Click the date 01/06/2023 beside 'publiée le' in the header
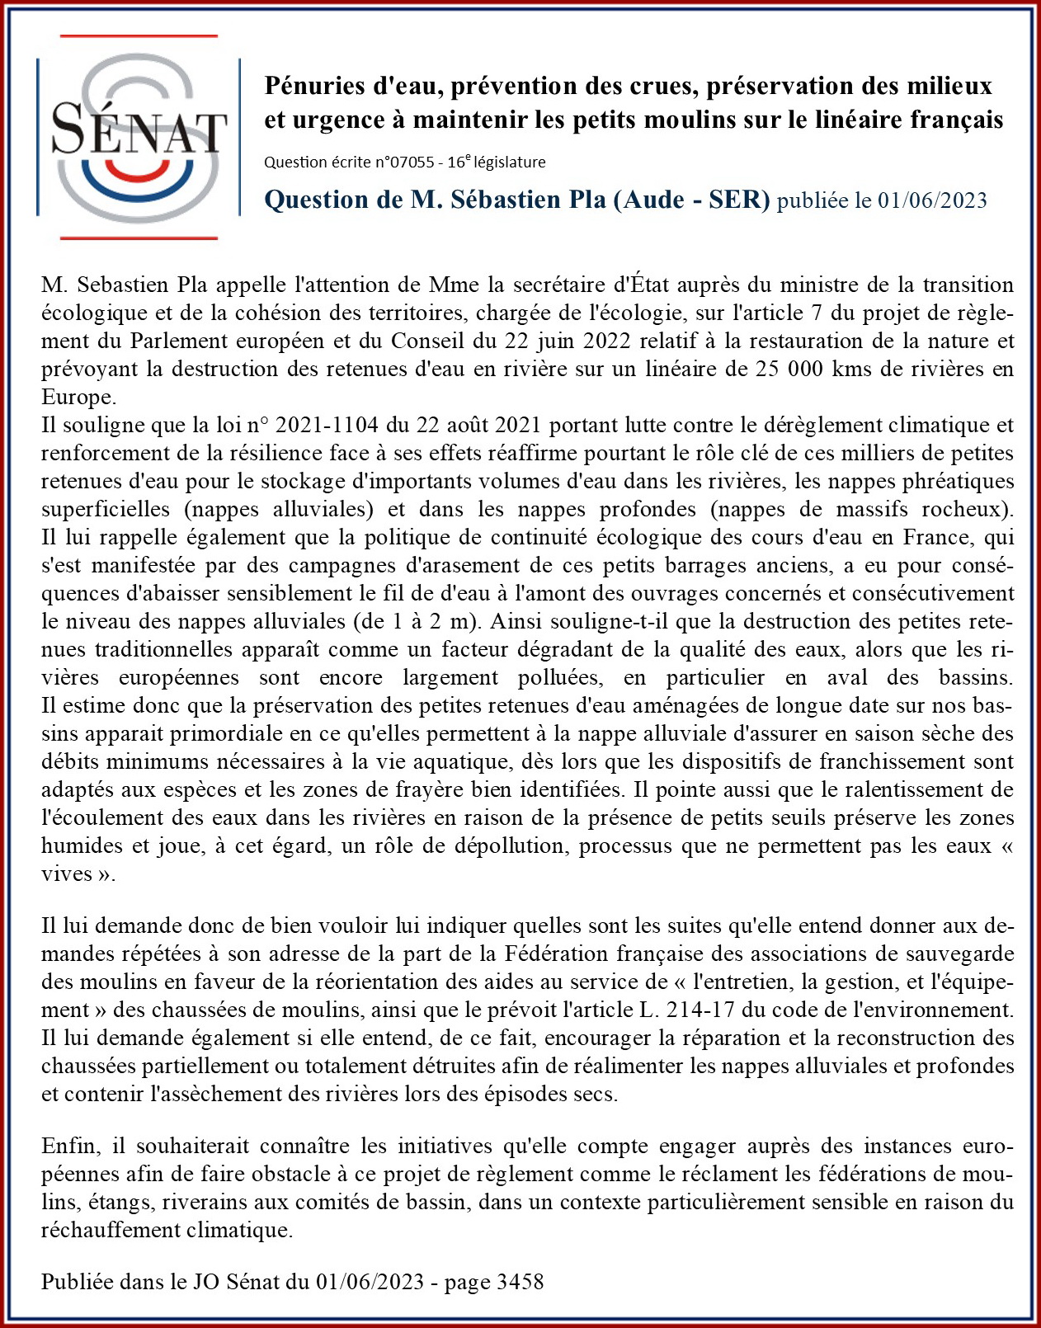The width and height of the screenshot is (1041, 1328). pyautogui.click(x=932, y=200)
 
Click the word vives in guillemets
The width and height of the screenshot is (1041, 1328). pyautogui.click(x=68, y=874)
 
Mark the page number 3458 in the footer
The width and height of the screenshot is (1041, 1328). pyautogui.click(x=520, y=1281)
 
